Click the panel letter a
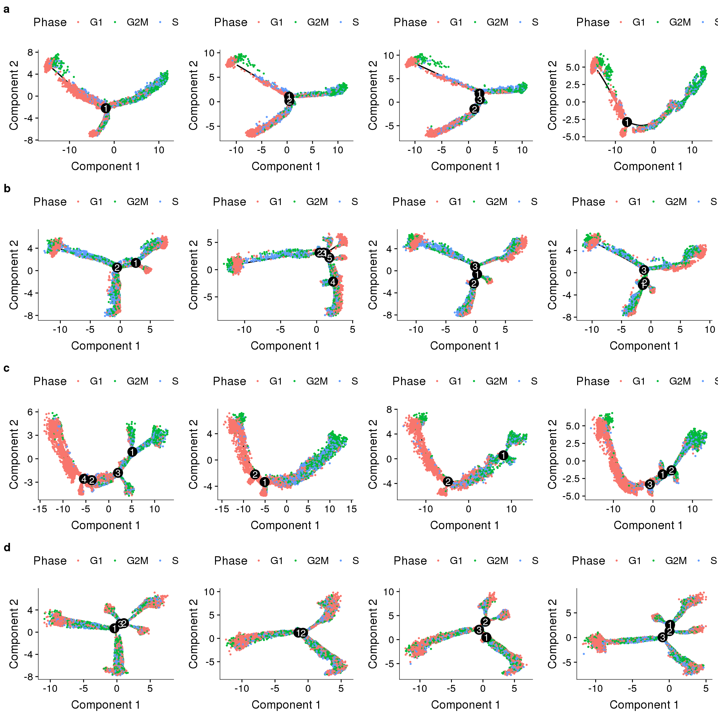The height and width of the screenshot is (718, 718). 6,9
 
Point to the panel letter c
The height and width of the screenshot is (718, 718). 6,368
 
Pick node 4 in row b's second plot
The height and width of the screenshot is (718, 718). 333,282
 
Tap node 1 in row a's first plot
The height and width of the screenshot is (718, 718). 106,108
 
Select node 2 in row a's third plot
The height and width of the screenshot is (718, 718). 474,109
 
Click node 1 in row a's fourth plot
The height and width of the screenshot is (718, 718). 627,122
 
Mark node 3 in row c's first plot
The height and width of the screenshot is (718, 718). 118,473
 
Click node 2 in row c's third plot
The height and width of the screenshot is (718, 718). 448,482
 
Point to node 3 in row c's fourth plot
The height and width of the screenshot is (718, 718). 650,484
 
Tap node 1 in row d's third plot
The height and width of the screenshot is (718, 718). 486,637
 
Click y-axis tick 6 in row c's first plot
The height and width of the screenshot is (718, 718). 30,412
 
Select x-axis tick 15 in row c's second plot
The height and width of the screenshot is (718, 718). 352,509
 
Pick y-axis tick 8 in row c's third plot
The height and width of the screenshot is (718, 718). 389,409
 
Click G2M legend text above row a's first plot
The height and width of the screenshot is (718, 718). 137,22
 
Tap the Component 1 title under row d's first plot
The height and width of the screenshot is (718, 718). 106,705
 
